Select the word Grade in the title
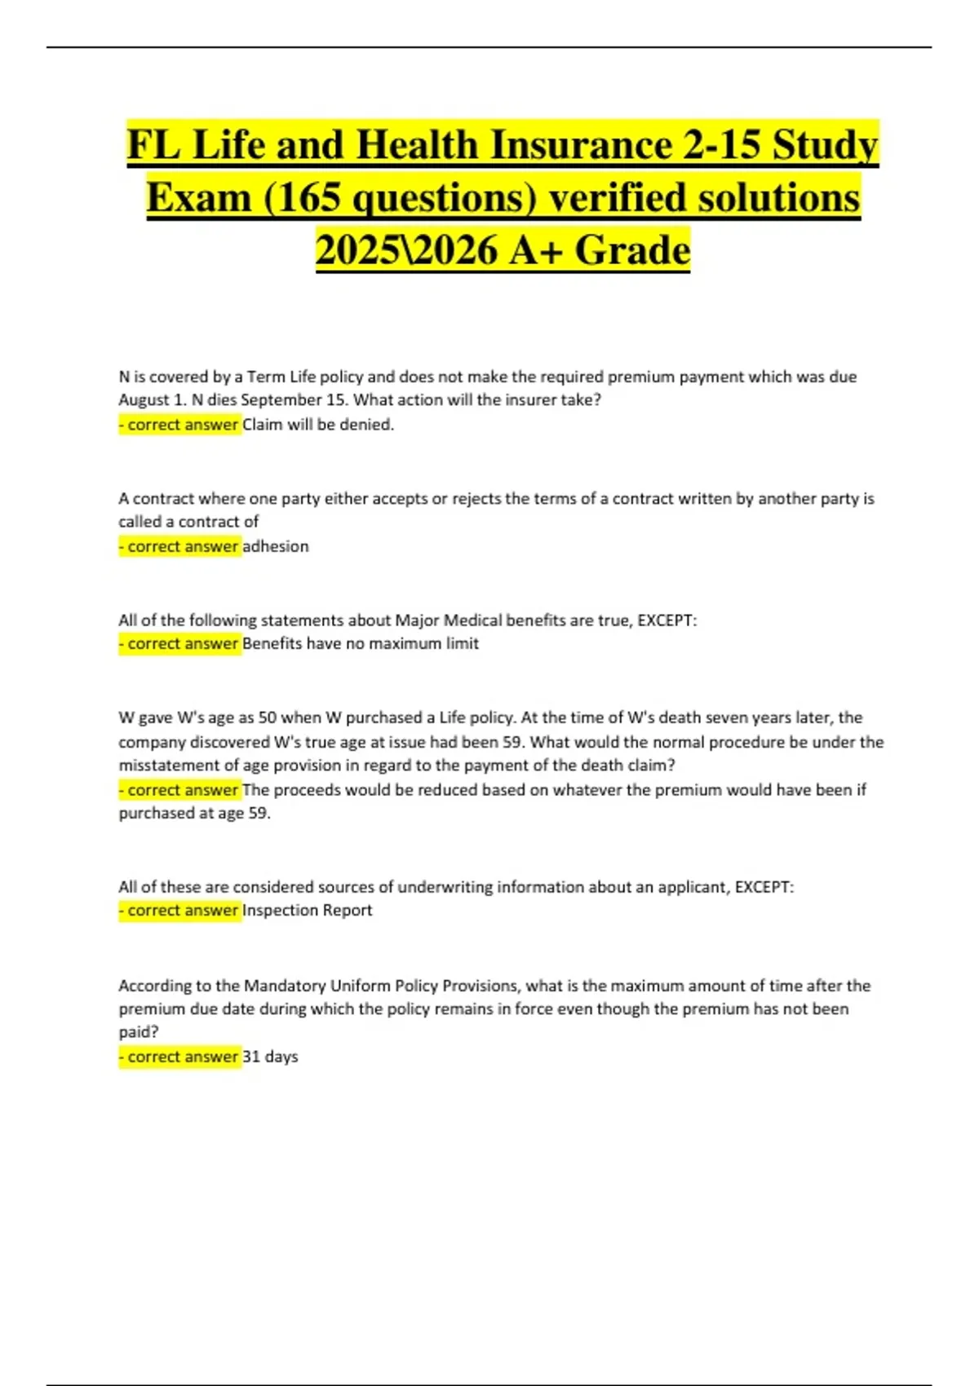tap(632, 250)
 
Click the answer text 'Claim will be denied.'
tap(318, 425)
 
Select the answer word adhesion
tap(276, 546)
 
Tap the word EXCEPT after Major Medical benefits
tap(667, 620)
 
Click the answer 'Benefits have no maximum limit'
tap(361, 644)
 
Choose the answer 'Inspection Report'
tap(308, 911)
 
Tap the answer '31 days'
tap(271, 1057)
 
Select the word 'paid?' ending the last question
tap(139, 1032)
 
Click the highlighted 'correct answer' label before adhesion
tap(180, 546)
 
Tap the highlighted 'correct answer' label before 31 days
tap(180, 1057)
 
